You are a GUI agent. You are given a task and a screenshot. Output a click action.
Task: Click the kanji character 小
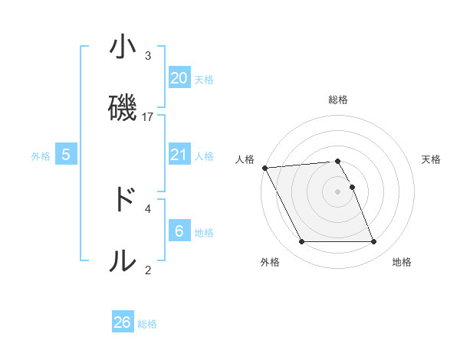coord(123,47)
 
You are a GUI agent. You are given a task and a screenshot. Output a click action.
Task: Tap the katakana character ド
coord(123,200)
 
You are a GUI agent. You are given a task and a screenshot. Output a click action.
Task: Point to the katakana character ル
coord(123,261)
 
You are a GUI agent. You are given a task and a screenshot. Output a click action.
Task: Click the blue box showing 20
coord(179,78)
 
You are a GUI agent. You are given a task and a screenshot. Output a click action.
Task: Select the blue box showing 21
coord(179,155)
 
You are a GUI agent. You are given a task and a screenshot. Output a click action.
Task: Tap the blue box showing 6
coord(179,231)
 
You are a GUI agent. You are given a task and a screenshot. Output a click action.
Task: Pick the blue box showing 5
coord(66,155)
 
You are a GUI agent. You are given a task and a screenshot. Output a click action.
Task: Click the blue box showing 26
coord(123,322)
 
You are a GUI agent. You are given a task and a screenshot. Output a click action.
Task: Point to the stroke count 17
coord(148,117)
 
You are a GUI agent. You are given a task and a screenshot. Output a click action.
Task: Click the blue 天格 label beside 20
coord(204,80)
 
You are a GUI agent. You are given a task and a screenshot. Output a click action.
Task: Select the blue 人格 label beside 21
coord(204,156)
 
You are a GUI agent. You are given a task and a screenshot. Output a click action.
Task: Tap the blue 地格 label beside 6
coord(204,232)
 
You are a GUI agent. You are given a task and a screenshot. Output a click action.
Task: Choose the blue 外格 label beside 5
coord(41,156)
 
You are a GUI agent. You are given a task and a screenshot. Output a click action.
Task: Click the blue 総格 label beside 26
coord(147,324)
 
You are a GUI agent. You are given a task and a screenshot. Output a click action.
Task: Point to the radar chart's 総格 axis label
coord(338,100)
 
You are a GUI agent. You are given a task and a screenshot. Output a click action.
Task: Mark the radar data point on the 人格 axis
coord(264,168)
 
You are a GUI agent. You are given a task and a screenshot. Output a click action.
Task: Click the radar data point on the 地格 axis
coord(373,242)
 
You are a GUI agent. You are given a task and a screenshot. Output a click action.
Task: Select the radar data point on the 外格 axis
coord(301,242)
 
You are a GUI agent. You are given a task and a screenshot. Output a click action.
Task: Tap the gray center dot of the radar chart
coord(337,191)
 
